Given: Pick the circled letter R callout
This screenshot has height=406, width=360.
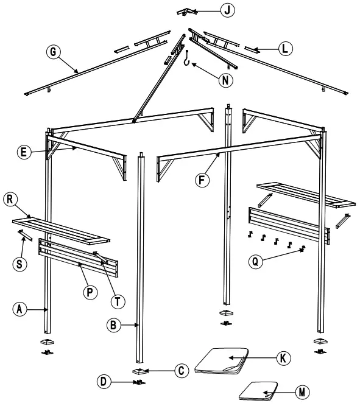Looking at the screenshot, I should [9, 200].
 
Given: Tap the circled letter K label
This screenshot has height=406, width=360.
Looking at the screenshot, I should [282, 358].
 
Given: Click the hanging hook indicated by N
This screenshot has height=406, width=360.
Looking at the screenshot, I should [188, 58].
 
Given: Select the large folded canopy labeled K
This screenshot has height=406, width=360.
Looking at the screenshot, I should [224, 361].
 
